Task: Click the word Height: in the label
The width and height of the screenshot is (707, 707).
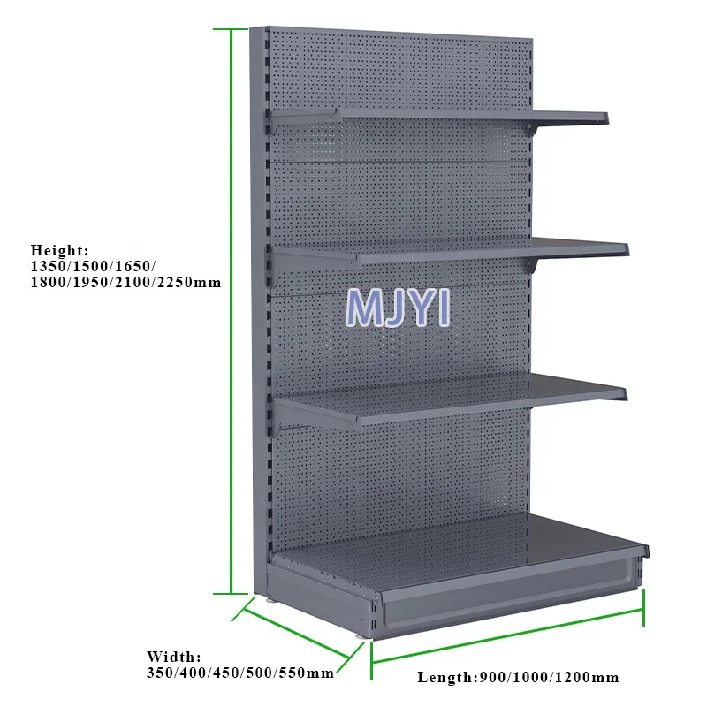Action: tap(60, 250)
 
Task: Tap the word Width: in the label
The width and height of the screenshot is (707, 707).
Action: tap(173, 657)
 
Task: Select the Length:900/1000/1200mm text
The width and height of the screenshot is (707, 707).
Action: tap(517, 678)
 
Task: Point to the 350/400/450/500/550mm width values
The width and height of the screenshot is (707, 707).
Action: tap(239, 673)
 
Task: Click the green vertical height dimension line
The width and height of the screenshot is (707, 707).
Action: tap(232, 309)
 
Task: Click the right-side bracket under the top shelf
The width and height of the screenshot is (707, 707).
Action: tap(536, 129)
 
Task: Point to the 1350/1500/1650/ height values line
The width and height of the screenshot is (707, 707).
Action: tap(93, 266)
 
